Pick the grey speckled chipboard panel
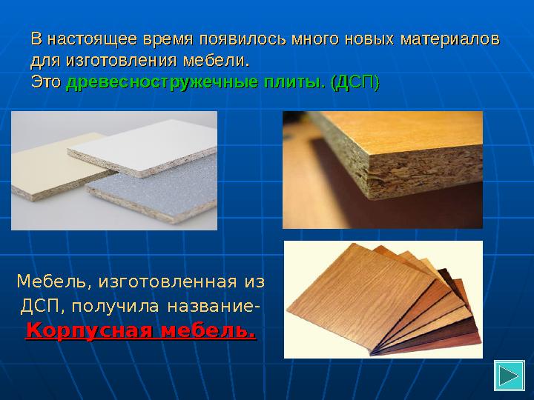[156, 196]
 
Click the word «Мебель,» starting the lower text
[49, 282]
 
